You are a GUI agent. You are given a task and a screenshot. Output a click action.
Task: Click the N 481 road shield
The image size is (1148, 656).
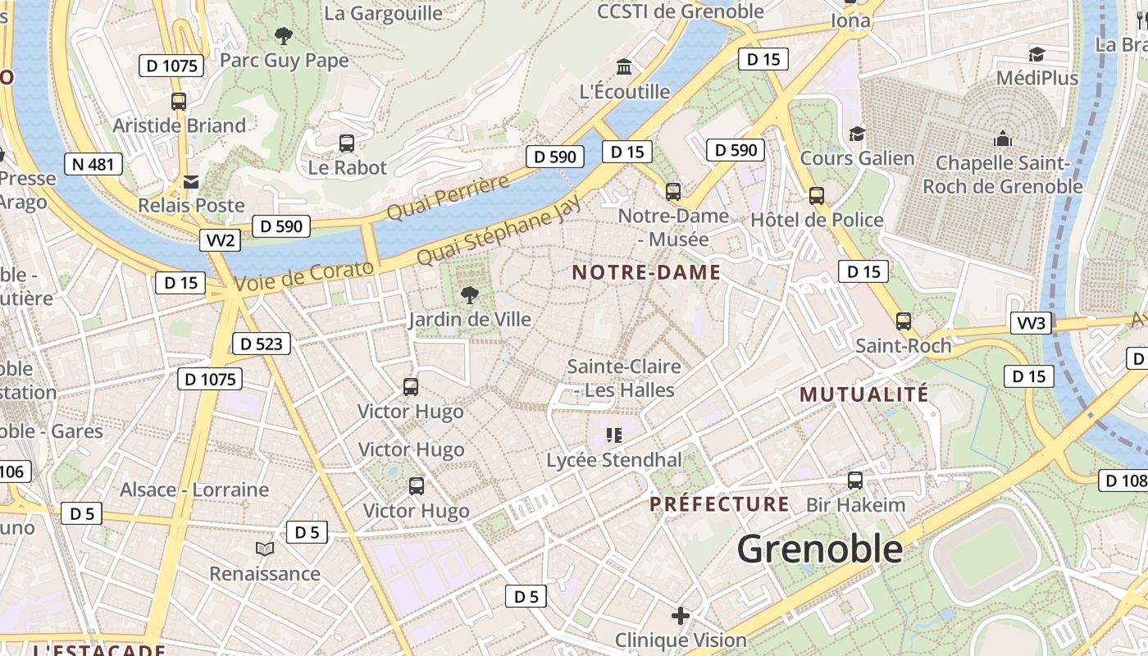93,164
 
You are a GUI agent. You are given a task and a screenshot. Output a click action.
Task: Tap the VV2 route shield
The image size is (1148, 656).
221,240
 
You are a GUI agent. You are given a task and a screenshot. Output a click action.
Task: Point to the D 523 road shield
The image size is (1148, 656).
262,344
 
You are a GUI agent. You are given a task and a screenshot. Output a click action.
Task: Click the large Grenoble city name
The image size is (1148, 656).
819,549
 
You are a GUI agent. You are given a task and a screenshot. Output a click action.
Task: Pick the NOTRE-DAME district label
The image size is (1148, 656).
646,272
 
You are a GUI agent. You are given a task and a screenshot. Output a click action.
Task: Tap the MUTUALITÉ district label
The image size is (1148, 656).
864,394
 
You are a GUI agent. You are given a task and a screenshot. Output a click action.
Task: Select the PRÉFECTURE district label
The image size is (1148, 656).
719,503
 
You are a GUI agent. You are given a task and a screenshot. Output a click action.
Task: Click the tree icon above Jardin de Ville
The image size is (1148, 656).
470,295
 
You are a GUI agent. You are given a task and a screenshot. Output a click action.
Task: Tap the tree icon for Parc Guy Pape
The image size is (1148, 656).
284,35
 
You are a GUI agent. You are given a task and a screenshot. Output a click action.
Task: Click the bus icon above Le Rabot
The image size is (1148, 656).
347,143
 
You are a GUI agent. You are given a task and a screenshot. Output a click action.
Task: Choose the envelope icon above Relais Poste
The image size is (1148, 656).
191,181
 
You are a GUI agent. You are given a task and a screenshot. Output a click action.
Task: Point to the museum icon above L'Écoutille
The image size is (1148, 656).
624,66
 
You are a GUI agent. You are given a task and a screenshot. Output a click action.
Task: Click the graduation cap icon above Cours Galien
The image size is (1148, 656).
857,134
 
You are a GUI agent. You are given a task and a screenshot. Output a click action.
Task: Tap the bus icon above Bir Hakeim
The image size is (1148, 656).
855,481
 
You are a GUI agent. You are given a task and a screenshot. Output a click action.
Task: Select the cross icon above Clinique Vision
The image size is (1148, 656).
680,615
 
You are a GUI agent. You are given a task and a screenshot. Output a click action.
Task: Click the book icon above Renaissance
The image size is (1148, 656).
264,549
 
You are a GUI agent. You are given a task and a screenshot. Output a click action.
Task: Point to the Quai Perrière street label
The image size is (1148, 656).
448,198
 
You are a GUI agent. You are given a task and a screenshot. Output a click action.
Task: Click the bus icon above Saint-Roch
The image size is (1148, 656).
904,321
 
